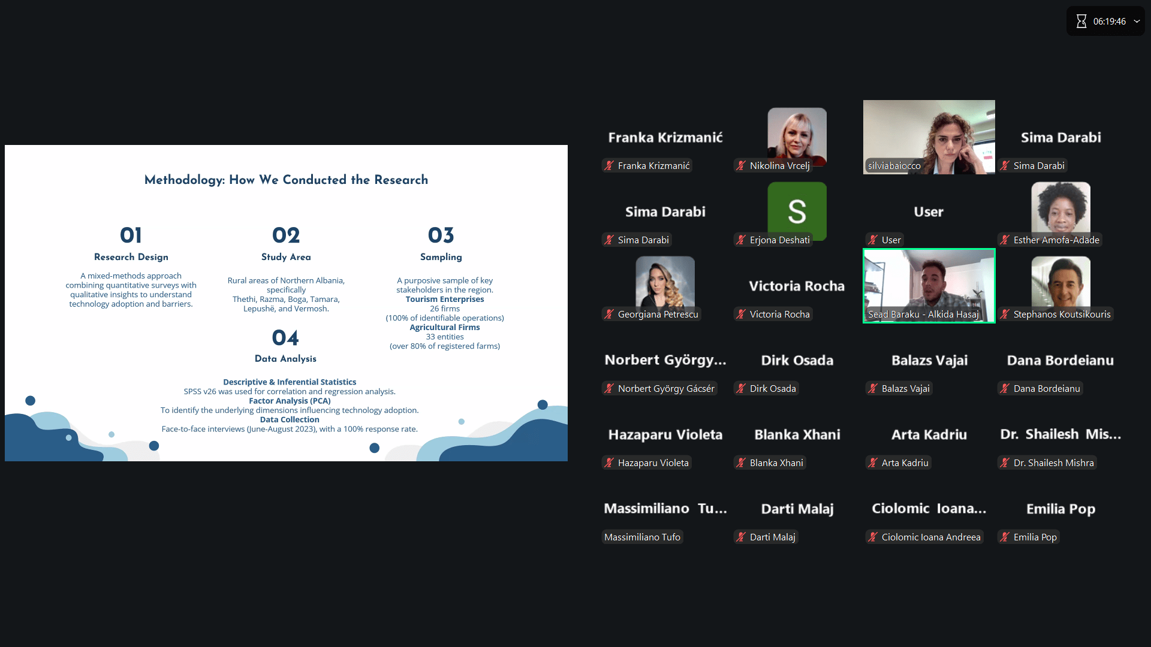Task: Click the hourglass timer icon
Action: (x=1081, y=22)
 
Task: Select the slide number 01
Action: (x=131, y=235)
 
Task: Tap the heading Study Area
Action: (x=286, y=257)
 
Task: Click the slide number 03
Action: (x=441, y=235)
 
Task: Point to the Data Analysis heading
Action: (x=285, y=359)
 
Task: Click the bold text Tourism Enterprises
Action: (x=445, y=300)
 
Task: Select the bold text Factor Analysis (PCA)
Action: (x=290, y=401)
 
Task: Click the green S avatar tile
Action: (x=797, y=210)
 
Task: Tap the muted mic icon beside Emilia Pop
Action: (x=1005, y=537)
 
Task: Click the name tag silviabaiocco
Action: (x=894, y=166)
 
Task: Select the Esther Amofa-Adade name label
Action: (x=1056, y=240)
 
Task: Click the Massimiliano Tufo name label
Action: (x=642, y=537)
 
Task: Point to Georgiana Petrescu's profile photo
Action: (x=665, y=282)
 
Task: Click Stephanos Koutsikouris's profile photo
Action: (x=1060, y=282)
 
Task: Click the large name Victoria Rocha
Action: (x=797, y=286)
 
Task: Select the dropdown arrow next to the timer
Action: (x=1137, y=22)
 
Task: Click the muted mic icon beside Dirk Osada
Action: (x=742, y=389)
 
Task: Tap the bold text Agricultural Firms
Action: (x=445, y=328)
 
